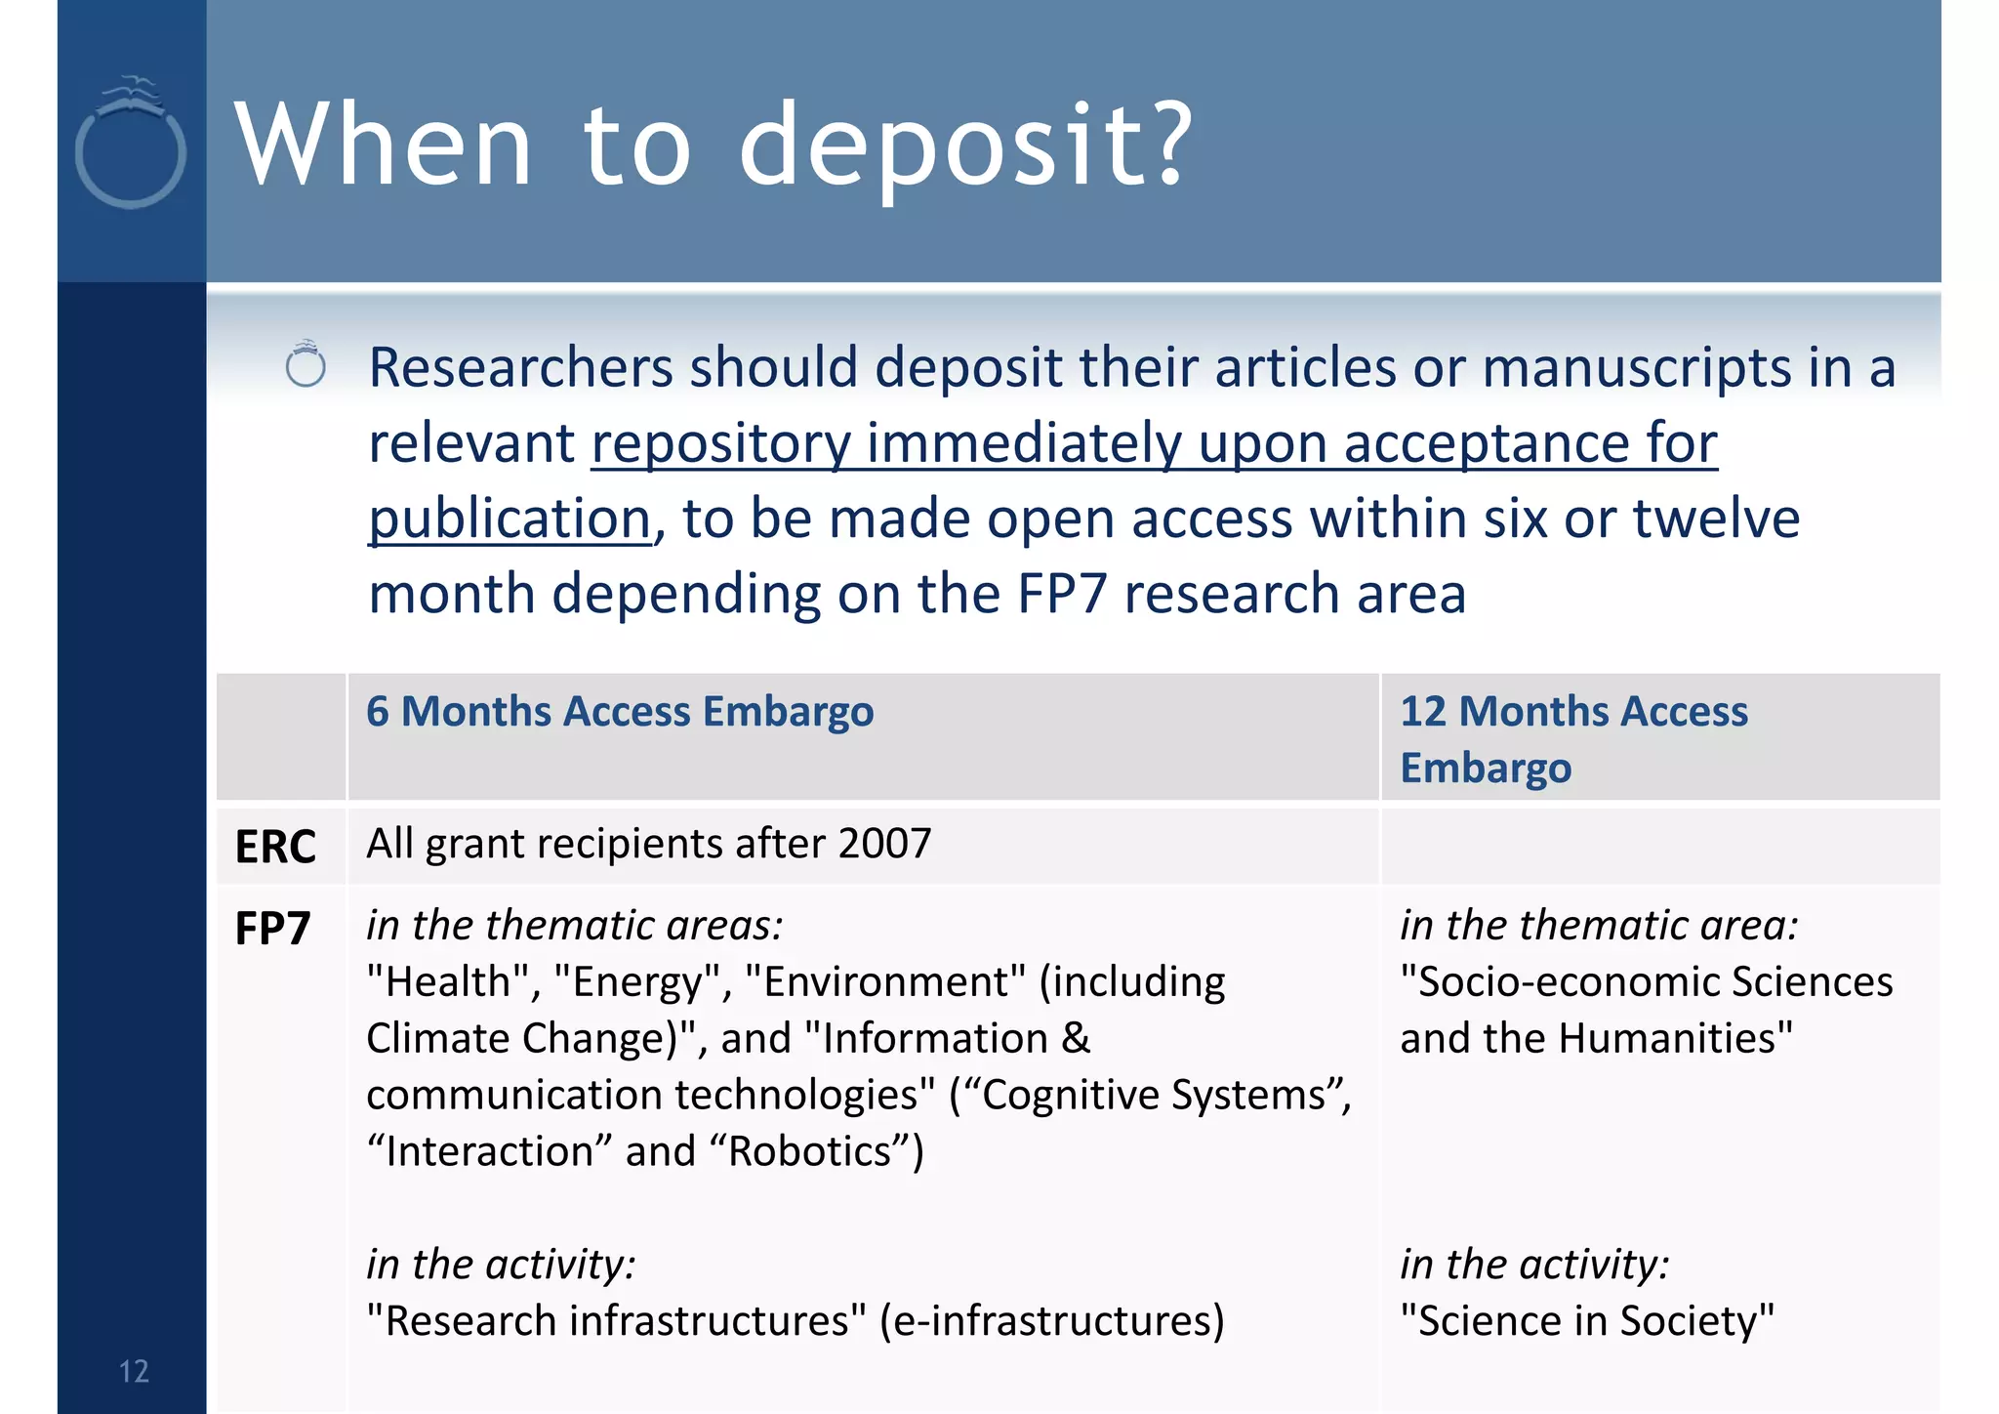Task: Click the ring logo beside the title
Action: (x=131, y=146)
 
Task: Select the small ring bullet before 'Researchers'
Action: (x=306, y=365)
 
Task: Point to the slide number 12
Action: (x=134, y=1371)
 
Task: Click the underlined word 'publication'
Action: (x=510, y=518)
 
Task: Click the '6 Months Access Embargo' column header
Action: (x=620, y=711)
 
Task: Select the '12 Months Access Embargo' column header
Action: (x=1573, y=738)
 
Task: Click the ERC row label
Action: (x=275, y=847)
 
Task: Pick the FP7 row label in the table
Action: (x=272, y=928)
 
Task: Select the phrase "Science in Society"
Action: (x=1587, y=1321)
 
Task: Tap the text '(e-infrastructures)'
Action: (x=1051, y=1321)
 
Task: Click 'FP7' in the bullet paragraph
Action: (x=1062, y=594)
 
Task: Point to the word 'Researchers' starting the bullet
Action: (x=521, y=368)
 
